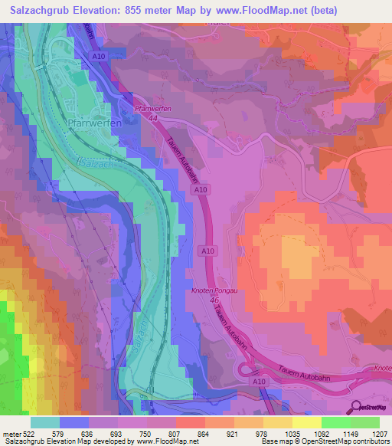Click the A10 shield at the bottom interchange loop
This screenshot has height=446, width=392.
(260, 382)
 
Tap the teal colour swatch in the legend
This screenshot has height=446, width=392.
(44, 422)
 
